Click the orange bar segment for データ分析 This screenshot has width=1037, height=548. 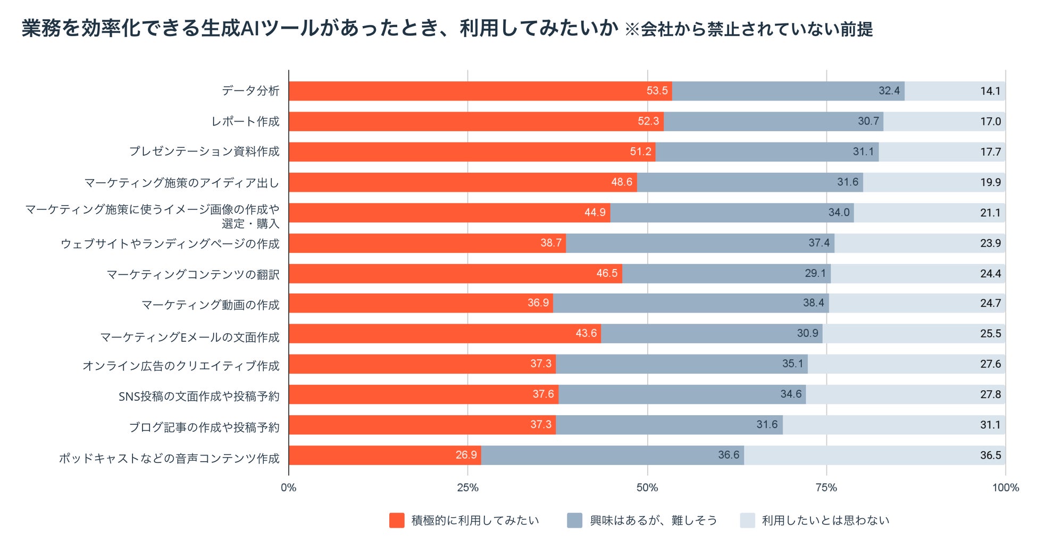(479, 91)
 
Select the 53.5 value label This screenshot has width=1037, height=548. (657, 91)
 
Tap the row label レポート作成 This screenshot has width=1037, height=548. (245, 122)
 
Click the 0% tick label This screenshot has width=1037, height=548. (289, 487)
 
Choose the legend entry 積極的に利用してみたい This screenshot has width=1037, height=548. (475, 520)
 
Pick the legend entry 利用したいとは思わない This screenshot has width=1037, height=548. (825, 520)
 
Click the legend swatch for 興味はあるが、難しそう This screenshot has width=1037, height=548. (575, 520)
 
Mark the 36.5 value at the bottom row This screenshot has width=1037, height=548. (990, 456)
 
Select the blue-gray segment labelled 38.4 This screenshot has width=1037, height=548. (691, 303)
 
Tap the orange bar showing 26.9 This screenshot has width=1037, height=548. (385, 456)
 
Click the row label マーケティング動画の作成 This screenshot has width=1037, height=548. (210, 305)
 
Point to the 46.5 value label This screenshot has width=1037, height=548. (607, 273)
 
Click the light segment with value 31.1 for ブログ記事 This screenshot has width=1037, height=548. (893, 425)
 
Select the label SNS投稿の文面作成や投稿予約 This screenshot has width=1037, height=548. (199, 397)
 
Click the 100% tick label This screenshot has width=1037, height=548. (1005, 487)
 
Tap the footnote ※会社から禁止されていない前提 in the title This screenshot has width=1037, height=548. (749, 29)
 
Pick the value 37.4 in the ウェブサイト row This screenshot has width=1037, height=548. (819, 243)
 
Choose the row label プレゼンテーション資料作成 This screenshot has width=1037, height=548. (204, 152)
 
